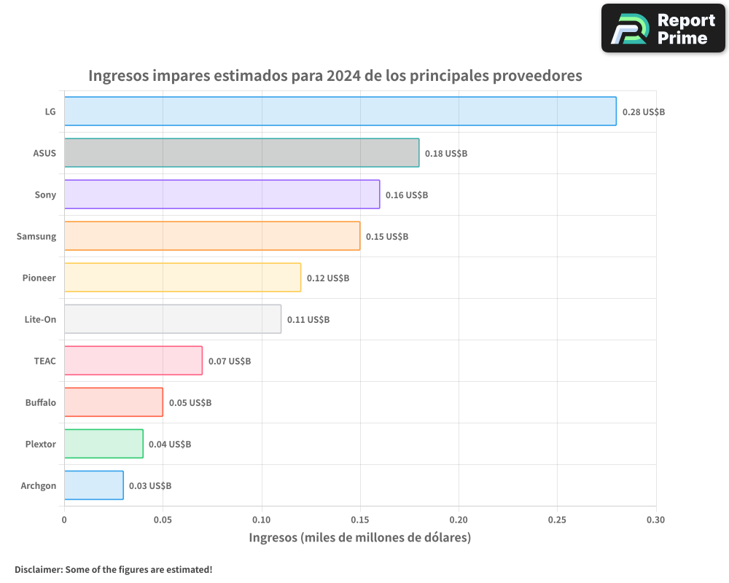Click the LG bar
[x=340, y=111]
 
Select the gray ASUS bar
[x=241, y=153]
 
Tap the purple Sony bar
[x=222, y=195]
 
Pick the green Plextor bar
[x=104, y=444]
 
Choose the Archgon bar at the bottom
[x=93, y=485]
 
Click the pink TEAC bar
[x=133, y=361]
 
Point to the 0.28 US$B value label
[x=643, y=112]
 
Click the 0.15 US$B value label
[x=386, y=237]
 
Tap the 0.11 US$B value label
[x=308, y=320]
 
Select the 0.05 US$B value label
[x=190, y=403]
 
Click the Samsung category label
[x=36, y=236]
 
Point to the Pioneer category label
[x=39, y=278]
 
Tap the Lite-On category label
[x=40, y=319]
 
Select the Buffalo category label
[x=41, y=402]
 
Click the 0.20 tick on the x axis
[x=459, y=520]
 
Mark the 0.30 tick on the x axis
[x=655, y=520]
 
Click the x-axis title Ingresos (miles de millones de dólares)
[x=360, y=538]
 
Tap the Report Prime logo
[x=663, y=28]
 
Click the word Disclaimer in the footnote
[x=38, y=569]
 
